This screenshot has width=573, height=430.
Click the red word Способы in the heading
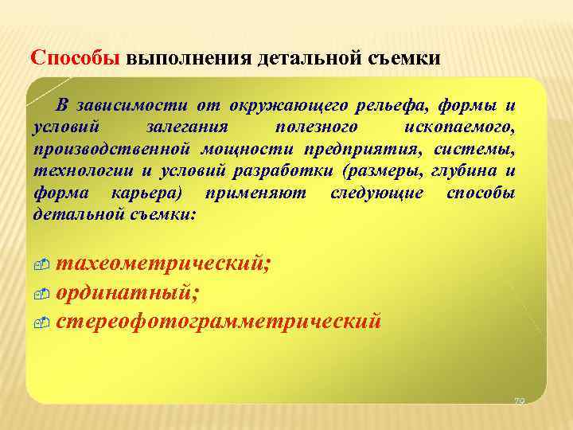(74, 58)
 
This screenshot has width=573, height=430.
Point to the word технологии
(76, 170)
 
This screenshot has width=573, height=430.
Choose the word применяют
(253, 192)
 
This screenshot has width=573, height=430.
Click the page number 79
(519, 402)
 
